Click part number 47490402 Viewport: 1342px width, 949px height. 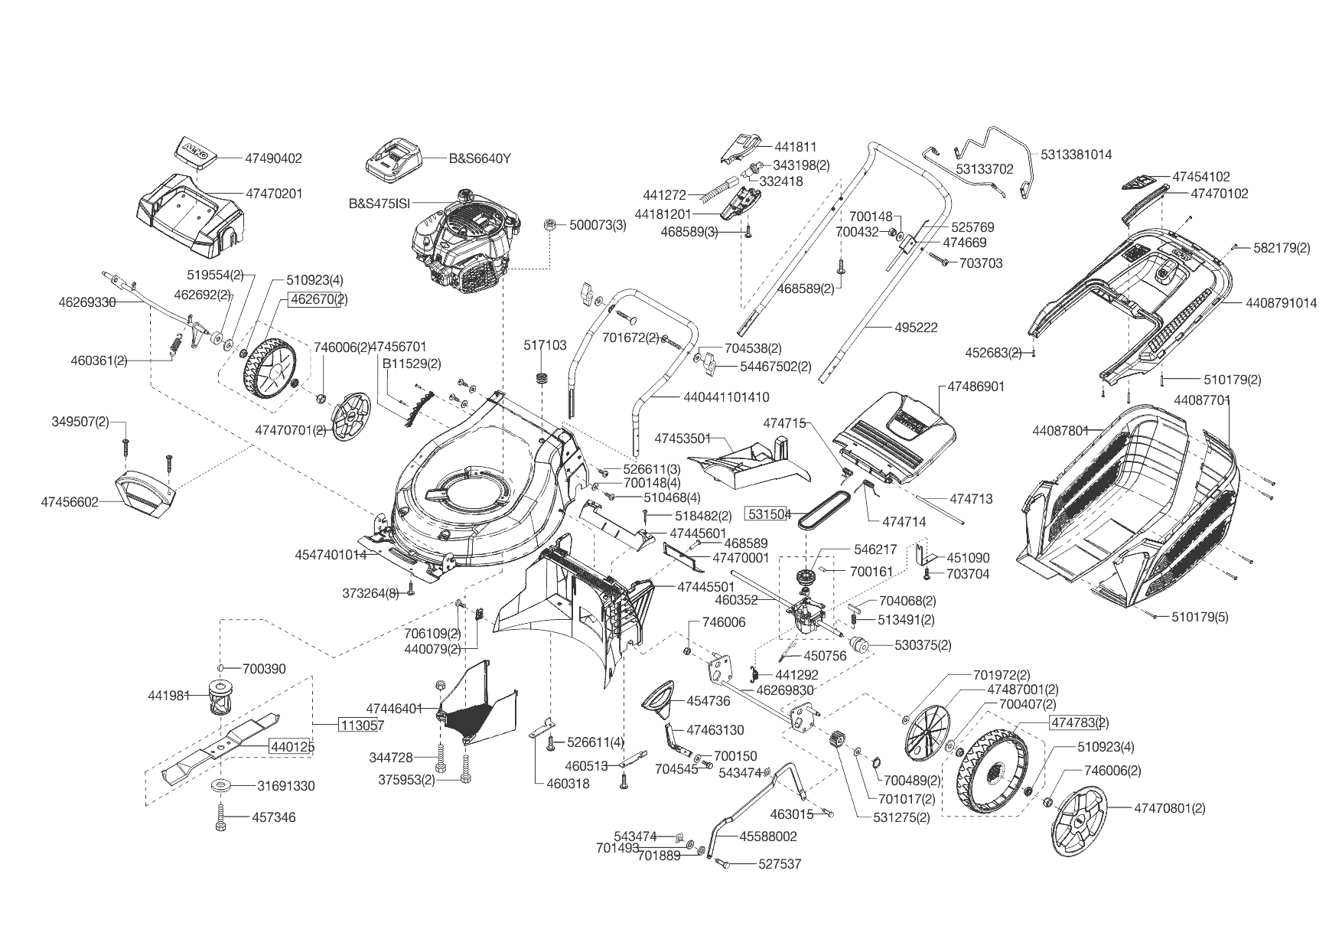tap(273, 158)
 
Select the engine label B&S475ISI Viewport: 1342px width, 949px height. tap(379, 204)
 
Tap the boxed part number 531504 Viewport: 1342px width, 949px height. tap(769, 514)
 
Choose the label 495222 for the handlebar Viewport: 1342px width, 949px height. tap(916, 328)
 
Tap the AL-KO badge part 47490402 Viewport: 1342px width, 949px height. tap(196, 151)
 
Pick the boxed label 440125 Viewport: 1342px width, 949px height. tap(290, 746)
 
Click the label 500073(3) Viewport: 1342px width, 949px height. tap(597, 225)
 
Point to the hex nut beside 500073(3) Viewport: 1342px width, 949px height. tap(549, 224)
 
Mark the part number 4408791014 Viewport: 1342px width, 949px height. tap(1281, 303)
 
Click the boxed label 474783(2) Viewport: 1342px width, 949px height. tap(1080, 722)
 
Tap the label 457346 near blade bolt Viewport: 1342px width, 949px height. tap(273, 817)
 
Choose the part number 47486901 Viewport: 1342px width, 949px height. tap(976, 386)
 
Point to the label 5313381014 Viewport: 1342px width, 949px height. tap(1076, 154)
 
